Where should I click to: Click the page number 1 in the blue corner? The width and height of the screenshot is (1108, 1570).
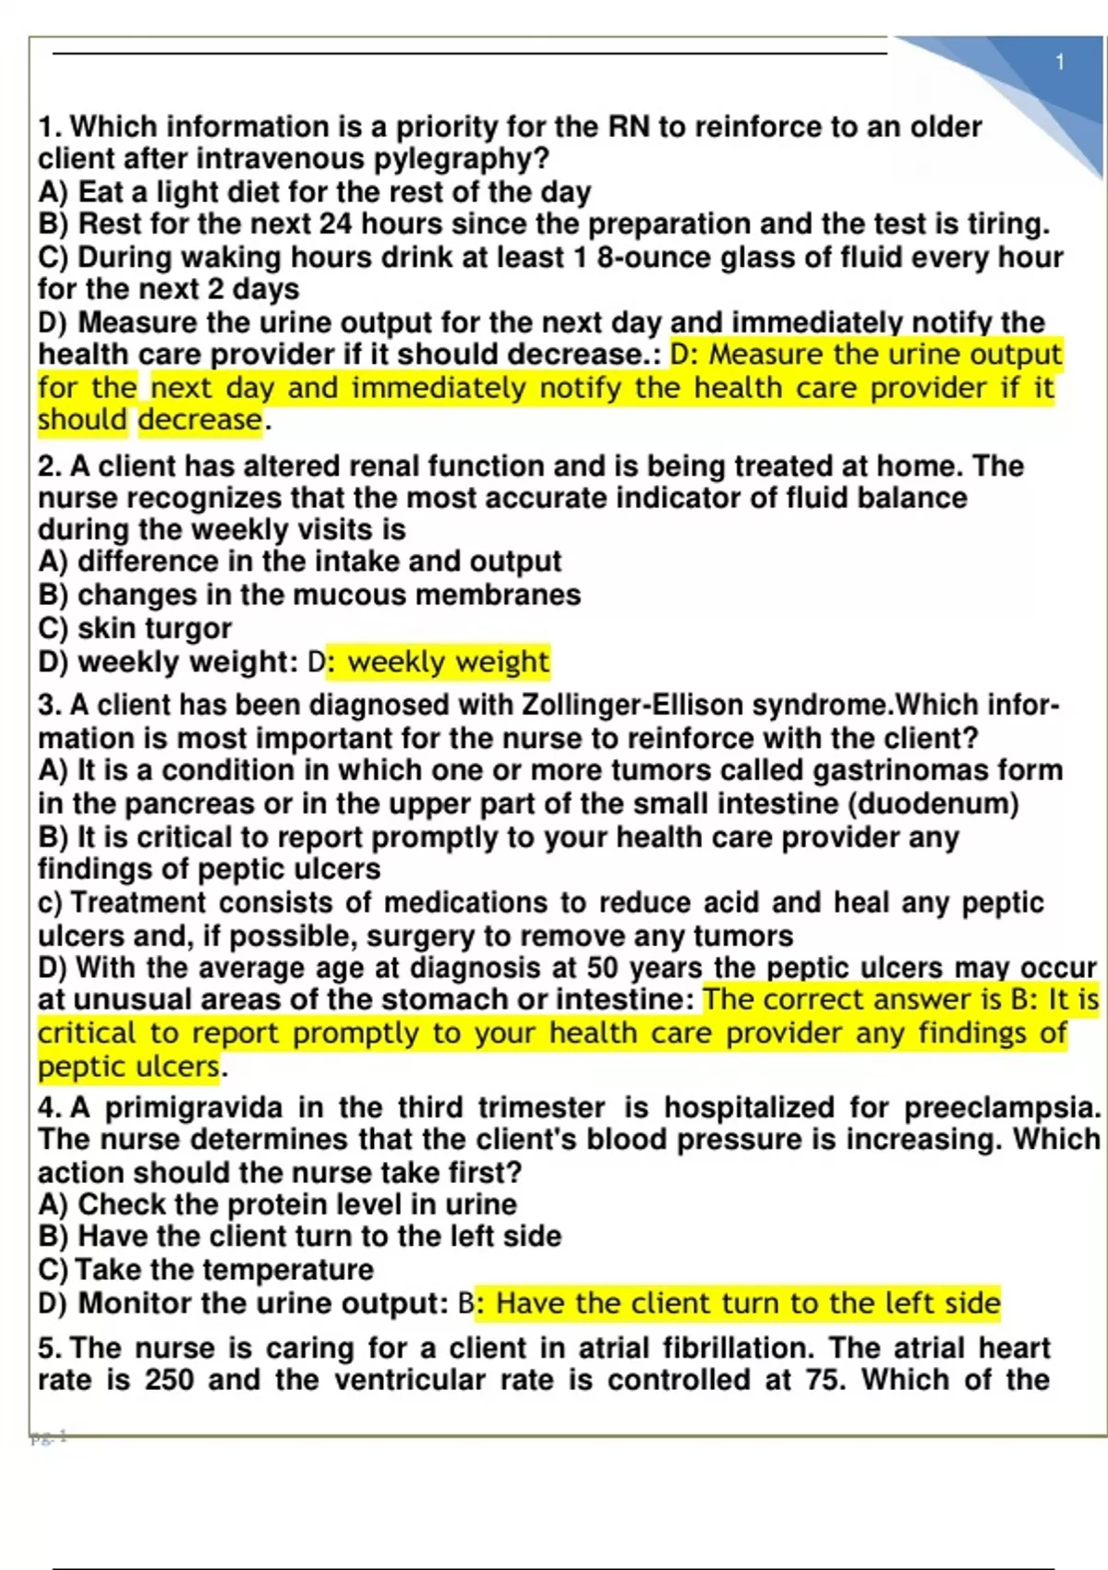click(1060, 63)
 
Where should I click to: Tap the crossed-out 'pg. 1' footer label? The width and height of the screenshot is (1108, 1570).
click(49, 1437)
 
